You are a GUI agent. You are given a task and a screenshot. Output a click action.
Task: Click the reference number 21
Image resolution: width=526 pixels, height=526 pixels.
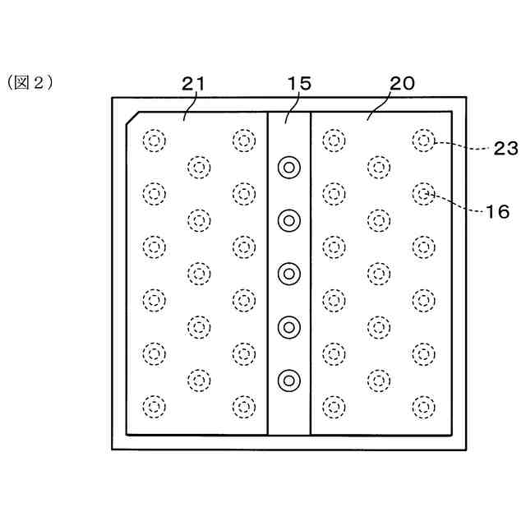tap(194, 84)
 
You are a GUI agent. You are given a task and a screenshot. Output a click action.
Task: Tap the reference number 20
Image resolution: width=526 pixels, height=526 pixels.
tap(402, 84)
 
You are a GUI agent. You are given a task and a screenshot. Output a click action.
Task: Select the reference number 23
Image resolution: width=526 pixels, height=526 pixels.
tap(504, 149)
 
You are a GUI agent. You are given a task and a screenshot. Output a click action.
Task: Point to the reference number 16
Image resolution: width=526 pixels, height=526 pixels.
tap(498, 210)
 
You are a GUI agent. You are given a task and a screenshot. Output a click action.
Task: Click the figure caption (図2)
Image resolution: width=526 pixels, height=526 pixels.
tap(30, 82)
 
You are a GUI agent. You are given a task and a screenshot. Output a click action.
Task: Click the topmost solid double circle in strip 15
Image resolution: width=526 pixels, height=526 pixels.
tap(288, 167)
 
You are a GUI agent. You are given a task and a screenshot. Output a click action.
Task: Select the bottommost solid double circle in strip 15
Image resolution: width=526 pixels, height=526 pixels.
tap(288, 380)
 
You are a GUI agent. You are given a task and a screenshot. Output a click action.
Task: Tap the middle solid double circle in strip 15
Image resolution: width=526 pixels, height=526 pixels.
tap(288, 273)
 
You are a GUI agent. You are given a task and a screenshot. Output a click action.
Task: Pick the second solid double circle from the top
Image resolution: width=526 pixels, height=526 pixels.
tap(288, 219)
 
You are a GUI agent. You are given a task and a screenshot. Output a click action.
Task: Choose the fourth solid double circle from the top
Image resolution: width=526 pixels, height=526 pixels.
tap(288, 327)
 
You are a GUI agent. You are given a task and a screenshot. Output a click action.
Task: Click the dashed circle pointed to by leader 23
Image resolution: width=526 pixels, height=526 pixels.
tap(423, 141)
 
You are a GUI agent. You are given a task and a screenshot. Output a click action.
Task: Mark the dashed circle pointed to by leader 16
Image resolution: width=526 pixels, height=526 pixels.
tap(423, 194)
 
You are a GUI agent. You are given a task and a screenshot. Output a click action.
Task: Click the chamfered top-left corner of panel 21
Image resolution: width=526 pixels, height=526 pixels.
tap(131, 119)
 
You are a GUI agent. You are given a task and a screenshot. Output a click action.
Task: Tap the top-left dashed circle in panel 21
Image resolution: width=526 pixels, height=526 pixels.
tap(153, 141)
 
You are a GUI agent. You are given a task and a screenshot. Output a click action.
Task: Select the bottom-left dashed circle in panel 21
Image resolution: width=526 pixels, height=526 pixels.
tap(153, 406)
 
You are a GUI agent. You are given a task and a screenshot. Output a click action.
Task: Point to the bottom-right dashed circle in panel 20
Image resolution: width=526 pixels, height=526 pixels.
tap(423, 406)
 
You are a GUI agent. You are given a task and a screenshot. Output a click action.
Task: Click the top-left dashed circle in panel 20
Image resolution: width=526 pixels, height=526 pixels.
tap(333, 141)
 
